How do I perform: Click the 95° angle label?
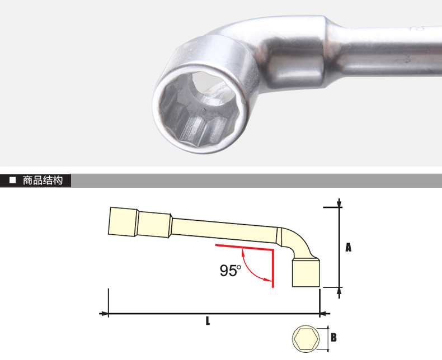pyautogui.click(x=231, y=271)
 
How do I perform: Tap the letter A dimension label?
pyautogui.click(x=349, y=247)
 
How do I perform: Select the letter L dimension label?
pyautogui.click(x=208, y=320)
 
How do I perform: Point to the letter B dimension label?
pyautogui.click(x=333, y=337)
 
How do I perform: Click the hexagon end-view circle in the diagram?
pyautogui.click(x=306, y=339)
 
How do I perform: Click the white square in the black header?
pyautogui.click(x=12, y=180)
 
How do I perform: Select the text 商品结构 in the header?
pyautogui.click(x=43, y=181)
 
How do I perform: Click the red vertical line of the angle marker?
pyautogui.click(x=273, y=268)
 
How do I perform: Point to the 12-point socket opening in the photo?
pyautogui.click(x=199, y=109)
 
